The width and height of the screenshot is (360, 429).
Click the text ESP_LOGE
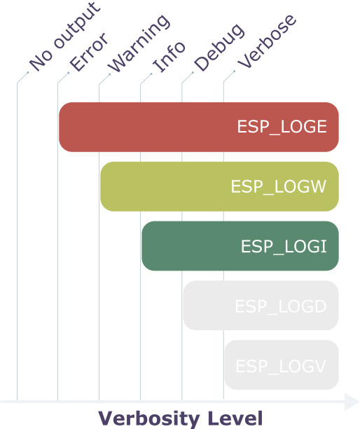pos(282,127)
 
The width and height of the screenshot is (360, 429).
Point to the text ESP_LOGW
pos(279,187)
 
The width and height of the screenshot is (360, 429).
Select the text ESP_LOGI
pos(284,247)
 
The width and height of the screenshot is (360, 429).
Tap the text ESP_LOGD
pos(280,306)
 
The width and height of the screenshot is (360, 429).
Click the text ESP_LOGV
pos(281,366)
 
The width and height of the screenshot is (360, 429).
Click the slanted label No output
pos(64,39)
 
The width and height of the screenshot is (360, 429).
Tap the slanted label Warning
pos(138,43)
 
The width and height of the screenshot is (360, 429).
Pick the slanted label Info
pos(169,56)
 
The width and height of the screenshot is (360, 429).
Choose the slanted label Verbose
pos(266,39)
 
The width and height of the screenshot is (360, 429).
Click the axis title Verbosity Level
pos(180,418)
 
